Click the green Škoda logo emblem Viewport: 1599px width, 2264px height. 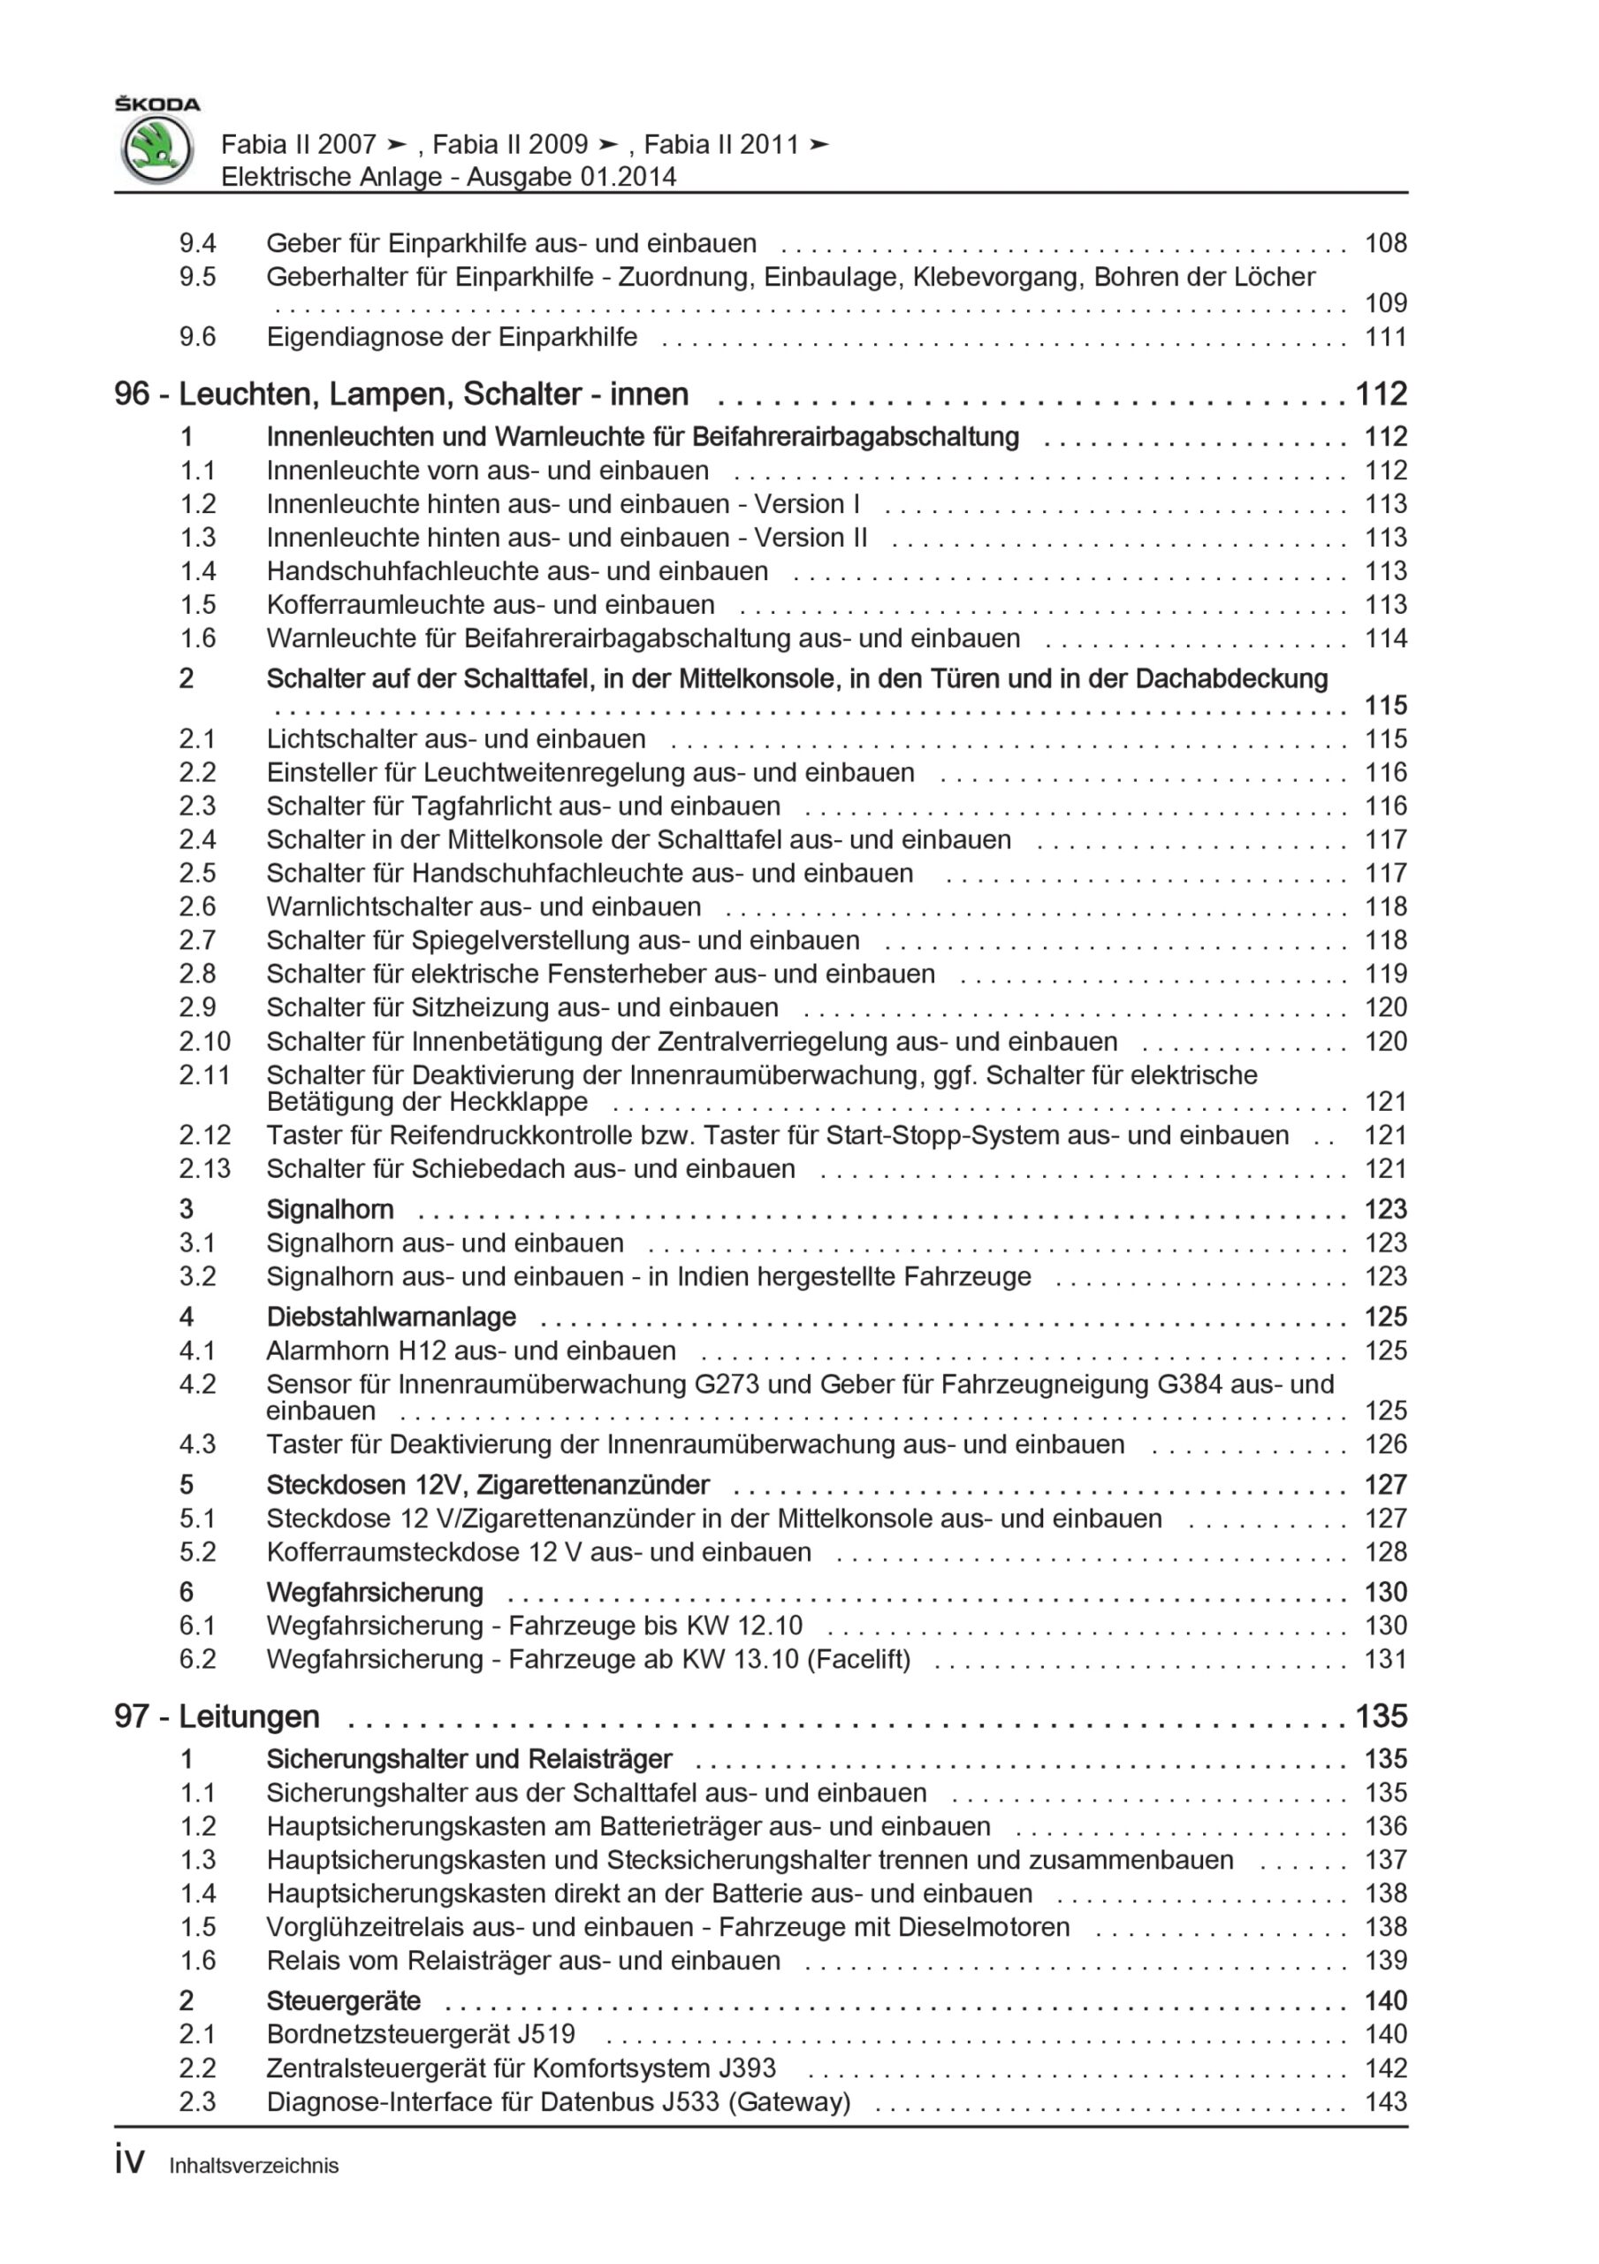coord(156,149)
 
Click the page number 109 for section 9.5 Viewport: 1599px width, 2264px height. coord(1385,303)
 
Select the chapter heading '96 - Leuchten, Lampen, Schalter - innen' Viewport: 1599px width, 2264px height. coord(401,394)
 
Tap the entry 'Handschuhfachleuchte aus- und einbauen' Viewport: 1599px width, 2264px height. coord(516,571)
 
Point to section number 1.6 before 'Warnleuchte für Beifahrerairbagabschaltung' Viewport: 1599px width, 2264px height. coord(197,638)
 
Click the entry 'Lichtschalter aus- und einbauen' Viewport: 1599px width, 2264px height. coord(455,738)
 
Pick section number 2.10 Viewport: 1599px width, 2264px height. coord(204,1041)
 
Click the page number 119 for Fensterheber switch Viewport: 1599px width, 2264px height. coord(1385,973)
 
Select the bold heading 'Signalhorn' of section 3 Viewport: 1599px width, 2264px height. coord(330,1209)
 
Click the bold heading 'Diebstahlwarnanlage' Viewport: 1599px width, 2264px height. coord(391,1317)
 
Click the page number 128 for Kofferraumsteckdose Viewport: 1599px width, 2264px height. coord(1385,1551)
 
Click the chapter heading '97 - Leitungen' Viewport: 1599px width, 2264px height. coord(217,1717)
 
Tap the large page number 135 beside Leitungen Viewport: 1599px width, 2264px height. coord(1380,1717)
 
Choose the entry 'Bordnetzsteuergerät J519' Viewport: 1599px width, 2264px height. coord(420,2033)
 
